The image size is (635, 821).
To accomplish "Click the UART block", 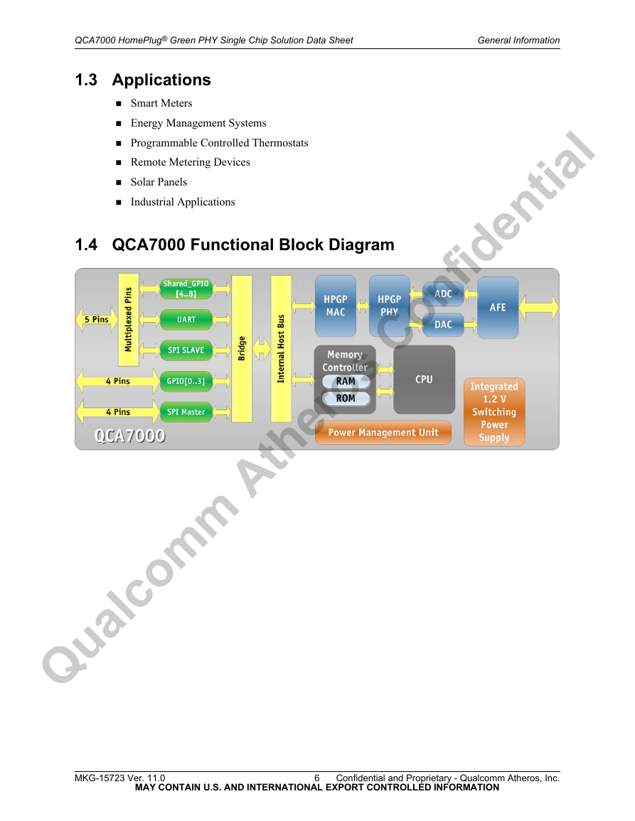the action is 186,319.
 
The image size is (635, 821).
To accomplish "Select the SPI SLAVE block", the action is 186,350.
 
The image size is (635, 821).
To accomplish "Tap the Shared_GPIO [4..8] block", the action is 186,289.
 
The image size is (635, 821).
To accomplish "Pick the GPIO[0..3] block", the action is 186,381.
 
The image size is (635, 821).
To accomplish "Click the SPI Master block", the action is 186,412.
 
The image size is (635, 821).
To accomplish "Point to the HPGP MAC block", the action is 336,306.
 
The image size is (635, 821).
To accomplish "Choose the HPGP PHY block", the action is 389,306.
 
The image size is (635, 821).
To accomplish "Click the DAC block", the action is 443,325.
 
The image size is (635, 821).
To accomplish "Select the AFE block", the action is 498,308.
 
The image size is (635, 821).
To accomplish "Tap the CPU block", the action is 424,380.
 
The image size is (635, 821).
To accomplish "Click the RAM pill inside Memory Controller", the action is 346,382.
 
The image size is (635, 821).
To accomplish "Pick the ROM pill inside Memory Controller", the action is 346,399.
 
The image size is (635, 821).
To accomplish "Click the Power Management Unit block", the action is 383,432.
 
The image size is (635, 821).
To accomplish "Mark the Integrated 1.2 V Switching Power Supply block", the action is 494,412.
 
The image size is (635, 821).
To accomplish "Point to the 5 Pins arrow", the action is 97,319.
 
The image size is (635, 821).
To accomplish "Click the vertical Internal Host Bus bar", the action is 281,349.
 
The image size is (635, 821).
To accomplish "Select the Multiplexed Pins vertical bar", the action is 129,319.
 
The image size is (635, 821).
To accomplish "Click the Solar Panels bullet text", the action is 159,182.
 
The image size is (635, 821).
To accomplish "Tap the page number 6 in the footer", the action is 317,778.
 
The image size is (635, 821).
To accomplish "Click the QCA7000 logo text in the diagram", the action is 130,436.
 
